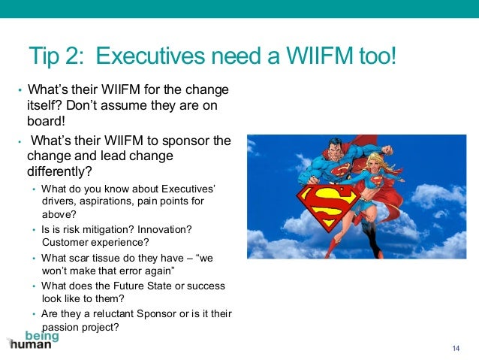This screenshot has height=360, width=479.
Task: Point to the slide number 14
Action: [456, 346]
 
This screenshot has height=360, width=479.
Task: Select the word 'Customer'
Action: [65, 242]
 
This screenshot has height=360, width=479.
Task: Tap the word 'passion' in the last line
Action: [62, 327]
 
